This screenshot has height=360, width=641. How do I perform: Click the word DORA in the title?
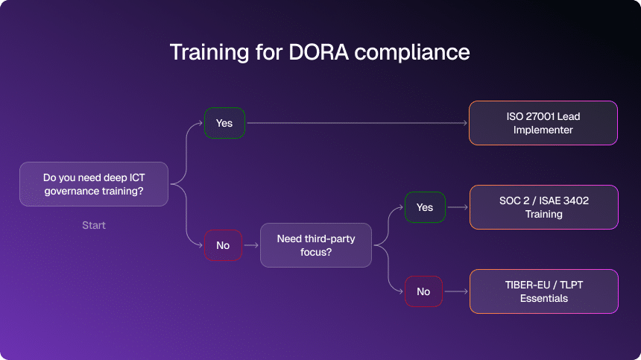click(x=318, y=52)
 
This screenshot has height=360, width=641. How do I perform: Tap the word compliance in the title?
click(x=412, y=53)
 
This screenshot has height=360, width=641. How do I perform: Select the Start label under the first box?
click(x=94, y=225)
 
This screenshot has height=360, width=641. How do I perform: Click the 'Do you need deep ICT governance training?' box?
click(x=94, y=184)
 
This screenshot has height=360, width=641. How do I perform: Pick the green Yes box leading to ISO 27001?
click(x=224, y=123)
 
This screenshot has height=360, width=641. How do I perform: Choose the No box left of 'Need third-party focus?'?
click(x=223, y=245)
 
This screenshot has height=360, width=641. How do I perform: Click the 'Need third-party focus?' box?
click(x=316, y=245)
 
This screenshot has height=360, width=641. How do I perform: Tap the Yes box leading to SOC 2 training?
click(x=425, y=207)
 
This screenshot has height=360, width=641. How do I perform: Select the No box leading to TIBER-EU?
click(x=423, y=291)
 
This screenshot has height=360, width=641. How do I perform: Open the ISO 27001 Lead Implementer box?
click(x=543, y=123)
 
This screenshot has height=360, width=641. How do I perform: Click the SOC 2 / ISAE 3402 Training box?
click(x=543, y=207)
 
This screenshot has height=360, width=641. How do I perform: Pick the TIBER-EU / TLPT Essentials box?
click(x=543, y=291)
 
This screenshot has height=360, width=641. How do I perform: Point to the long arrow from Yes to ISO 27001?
click(x=357, y=123)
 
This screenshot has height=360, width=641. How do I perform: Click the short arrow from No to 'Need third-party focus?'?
click(x=251, y=245)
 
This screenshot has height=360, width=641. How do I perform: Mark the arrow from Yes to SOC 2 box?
click(x=458, y=207)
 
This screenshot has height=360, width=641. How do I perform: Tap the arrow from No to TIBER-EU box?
click(x=456, y=291)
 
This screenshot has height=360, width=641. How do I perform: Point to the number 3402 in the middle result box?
click(x=576, y=200)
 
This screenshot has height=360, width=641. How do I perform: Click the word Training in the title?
click(x=209, y=53)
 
